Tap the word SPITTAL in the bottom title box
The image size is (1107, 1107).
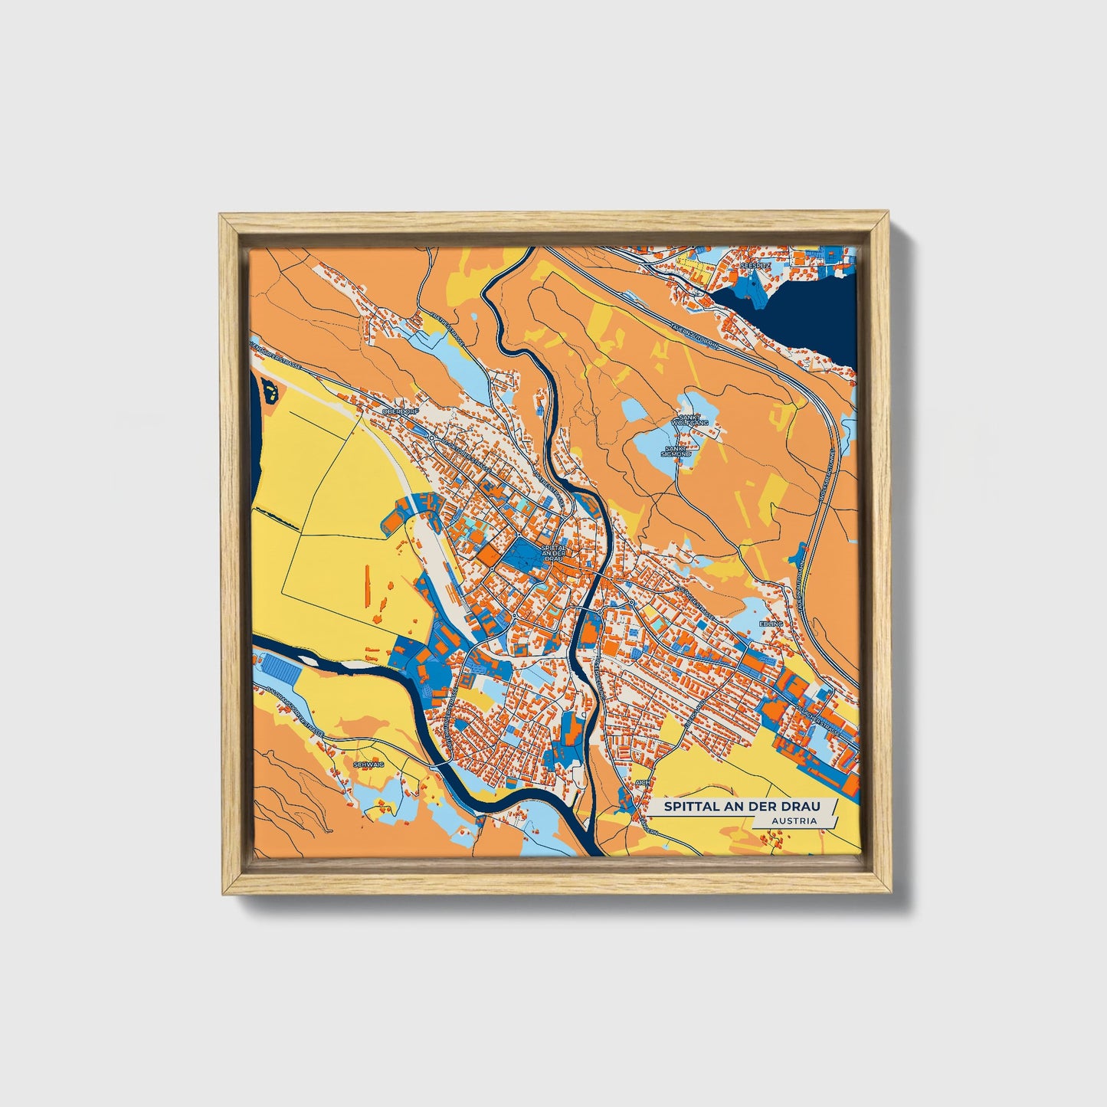[689, 807]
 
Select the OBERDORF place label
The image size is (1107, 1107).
[397, 411]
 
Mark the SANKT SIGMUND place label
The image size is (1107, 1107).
[678, 451]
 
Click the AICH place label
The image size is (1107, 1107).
[641, 782]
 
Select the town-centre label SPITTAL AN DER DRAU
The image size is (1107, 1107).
[552, 553]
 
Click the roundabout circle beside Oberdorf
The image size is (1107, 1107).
[432, 437]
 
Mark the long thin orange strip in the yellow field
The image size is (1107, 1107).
[366, 582]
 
